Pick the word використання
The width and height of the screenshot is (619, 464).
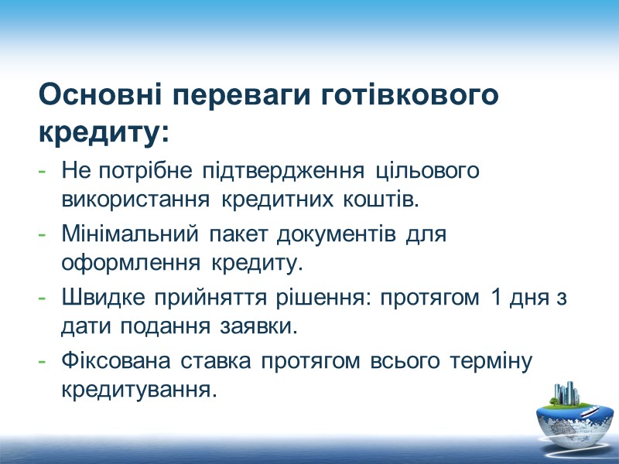click(x=135, y=200)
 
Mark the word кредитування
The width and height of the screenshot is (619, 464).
click(x=135, y=391)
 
